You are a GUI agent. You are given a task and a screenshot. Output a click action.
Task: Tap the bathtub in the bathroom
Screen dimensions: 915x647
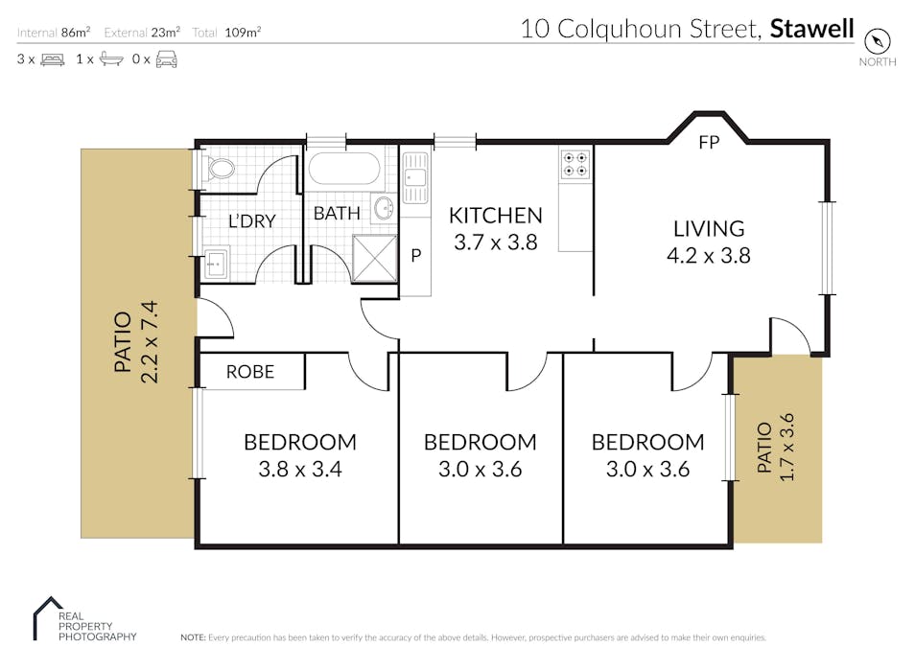pyautogui.click(x=344, y=170)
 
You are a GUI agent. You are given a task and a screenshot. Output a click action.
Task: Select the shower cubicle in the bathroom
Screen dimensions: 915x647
pyautogui.click(x=375, y=258)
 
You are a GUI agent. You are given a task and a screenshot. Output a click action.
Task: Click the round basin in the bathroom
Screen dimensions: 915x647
pyautogui.click(x=384, y=208)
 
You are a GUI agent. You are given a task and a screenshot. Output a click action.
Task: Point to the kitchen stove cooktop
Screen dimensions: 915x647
pyautogui.click(x=575, y=164)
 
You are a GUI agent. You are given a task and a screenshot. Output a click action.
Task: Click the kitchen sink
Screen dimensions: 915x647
pyautogui.click(x=415, y=177)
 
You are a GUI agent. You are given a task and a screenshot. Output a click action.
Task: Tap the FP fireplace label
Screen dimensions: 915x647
pyautogui.click(x=709, y=143)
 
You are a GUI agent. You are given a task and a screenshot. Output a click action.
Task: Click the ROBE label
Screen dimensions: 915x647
pyautogui.click(x=250, y=372)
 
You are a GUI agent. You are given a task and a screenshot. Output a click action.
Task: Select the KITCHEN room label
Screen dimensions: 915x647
pyautogui.click(x=496, y=216)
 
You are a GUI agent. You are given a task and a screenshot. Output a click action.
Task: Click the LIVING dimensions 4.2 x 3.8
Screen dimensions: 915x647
pyautogui.click(x=709, y=256)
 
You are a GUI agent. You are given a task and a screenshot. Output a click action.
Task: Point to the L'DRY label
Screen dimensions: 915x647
pyautogui.click(x=252, y=221)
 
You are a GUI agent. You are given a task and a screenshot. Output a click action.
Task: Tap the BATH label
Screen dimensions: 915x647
pyautogui.click(x=337, y=214)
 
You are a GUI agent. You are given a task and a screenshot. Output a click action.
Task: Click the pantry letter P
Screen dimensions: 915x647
pyautogui.click(x=416, y=256)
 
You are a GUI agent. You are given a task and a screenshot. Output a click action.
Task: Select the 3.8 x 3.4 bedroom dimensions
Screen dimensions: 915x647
pyautogui.click(x=300, y=469)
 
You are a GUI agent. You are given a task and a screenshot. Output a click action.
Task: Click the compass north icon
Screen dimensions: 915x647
pyautogui.click(x=877, y=41)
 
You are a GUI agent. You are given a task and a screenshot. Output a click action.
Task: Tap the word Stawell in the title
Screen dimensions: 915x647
pyautogui.click(x=811, y=29)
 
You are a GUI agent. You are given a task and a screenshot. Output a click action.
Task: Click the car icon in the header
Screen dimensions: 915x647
pyautogui.click(x=166, y=58)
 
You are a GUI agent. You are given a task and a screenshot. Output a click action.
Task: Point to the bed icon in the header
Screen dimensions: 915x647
pyautogui.click(x=53, y=59)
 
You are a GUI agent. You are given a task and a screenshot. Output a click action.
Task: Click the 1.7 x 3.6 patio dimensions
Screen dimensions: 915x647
pyautogui.click(x=787, y=447)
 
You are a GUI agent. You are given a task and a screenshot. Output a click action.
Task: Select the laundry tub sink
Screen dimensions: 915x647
pyautogui.click(x=217, y=264)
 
